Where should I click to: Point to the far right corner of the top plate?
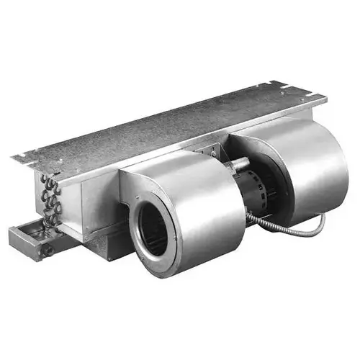324,97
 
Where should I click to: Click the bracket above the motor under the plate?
216,153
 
